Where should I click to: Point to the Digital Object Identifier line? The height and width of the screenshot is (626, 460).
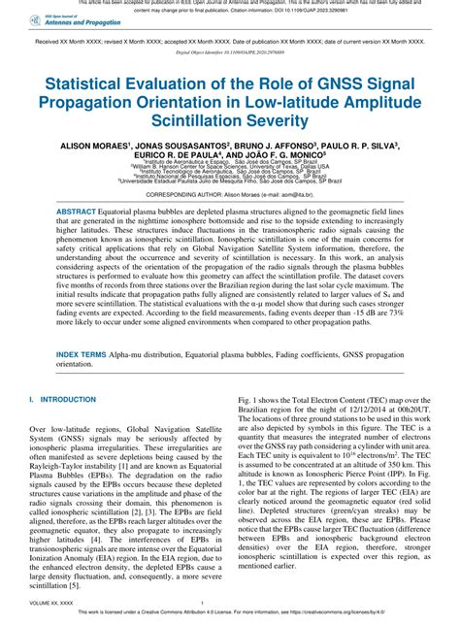coord(229,54)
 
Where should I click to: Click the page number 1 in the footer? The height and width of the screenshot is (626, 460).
coord(229,602)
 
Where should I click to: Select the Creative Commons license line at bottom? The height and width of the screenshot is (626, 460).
coord(229,613)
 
